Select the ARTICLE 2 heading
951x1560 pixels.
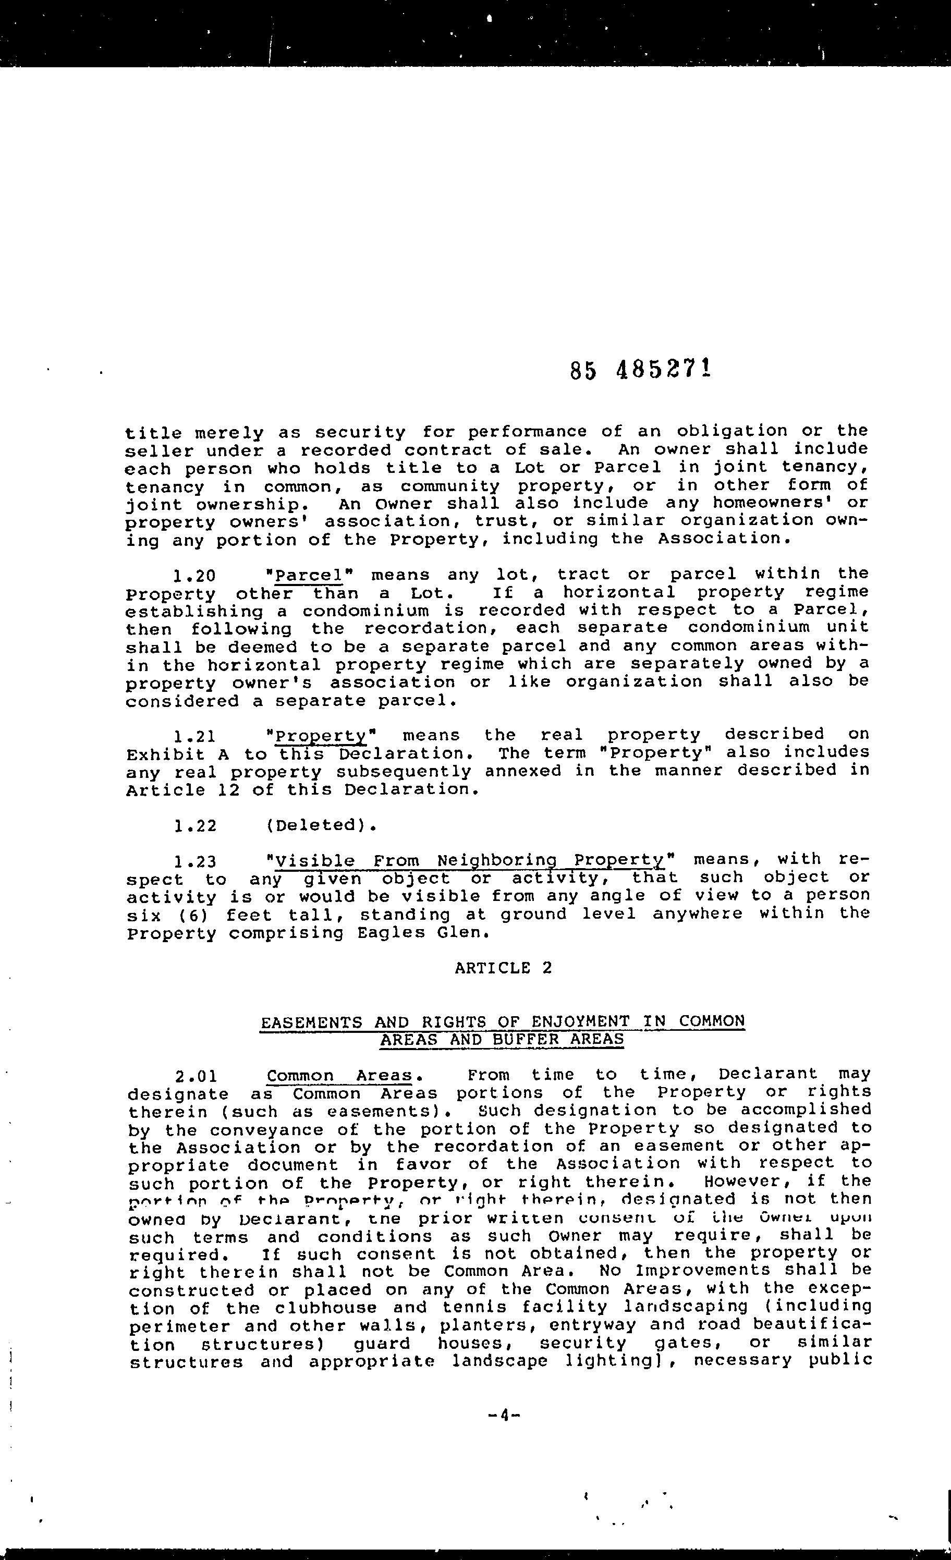503,968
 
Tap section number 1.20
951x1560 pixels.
194,576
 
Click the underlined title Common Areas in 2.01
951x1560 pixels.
340,1076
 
